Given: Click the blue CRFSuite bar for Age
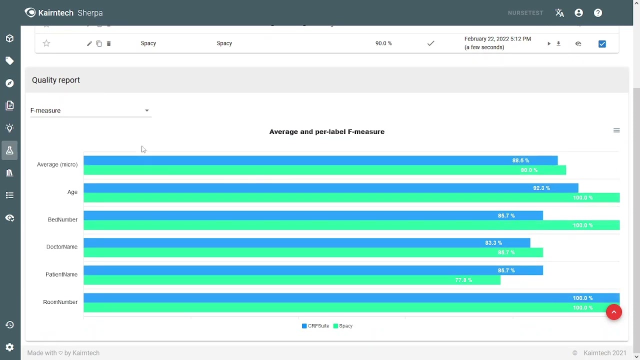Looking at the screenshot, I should (x=330, y=188).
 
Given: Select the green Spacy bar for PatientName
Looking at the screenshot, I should (x=291, y=280).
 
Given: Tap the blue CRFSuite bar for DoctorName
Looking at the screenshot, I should (x=306, y=243).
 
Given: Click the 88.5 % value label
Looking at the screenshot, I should (x=520, y=160).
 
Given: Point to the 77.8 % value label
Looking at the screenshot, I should (x=463, y=280).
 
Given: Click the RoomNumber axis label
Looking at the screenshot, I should (x=60, y=302).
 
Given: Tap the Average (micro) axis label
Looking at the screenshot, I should (x=57, y=164).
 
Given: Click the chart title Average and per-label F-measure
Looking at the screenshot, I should (x=326, y=131).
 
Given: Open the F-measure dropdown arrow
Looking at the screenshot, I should (x=146, y=110).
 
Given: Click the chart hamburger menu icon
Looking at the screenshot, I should (x=616, y=130).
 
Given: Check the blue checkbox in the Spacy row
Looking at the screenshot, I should (x=602, y=43).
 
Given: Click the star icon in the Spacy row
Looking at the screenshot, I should (x=46, y=43).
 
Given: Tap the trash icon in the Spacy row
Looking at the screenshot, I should (x=108, y=43).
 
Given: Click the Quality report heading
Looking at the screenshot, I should (x=56, y=80).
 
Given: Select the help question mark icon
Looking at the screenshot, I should (x=598, y=13).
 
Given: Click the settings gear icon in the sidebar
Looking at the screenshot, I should (x=9, y=347).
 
